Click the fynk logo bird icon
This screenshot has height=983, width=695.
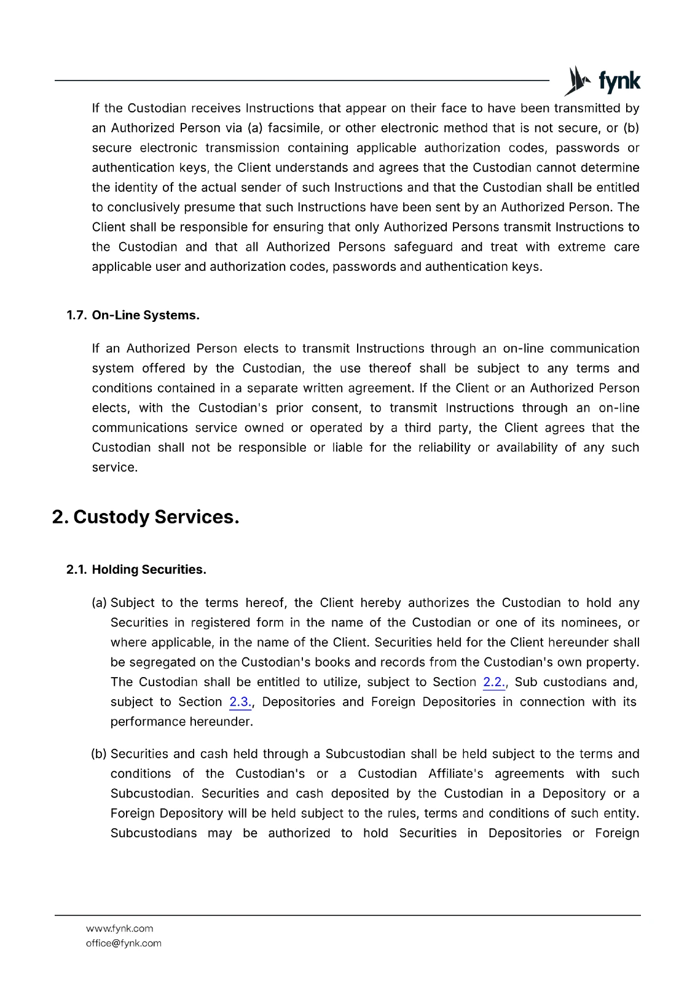tap(576, 81)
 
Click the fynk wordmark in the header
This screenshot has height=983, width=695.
tap(619, 82)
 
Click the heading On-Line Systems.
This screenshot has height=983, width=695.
tap(146, 315)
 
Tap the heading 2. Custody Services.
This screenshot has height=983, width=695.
tap(146, 517)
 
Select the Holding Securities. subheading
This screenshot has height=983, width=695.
tap(149, 570)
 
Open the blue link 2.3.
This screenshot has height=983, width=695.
tap(240, 702)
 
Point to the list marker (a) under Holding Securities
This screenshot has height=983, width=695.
tap(99, 603)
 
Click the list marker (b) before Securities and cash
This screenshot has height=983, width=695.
tap(99, 754)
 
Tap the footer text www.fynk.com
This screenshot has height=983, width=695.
tap(119, 928)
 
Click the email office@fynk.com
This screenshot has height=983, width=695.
tap(124, 943)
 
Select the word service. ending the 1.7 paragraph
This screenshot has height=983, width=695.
tap(114, 467)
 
